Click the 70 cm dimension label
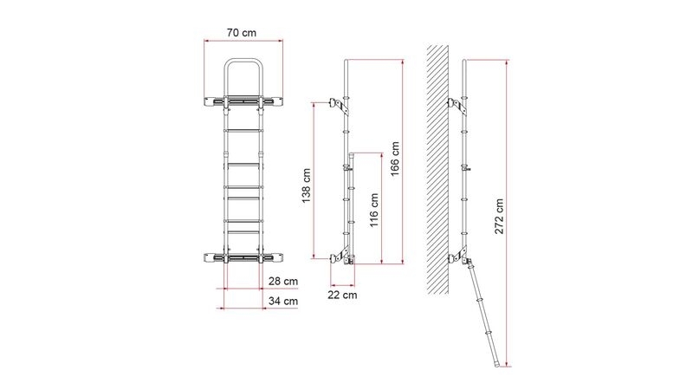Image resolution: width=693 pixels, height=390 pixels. point(242,33)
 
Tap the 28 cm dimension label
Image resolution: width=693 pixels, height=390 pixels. point(283,281)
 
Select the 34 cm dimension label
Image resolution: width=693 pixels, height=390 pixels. point(283,301)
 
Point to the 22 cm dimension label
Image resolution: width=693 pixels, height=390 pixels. point(342,295)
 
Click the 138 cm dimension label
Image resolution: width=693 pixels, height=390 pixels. point(307,185)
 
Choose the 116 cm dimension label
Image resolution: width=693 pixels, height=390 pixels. point(374,210)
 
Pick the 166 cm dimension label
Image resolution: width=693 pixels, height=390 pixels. point(395,159)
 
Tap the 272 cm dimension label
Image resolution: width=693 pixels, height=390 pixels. point(499,216)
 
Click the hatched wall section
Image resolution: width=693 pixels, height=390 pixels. point(438,169)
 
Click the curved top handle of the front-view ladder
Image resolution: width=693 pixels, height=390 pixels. point(243,60)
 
